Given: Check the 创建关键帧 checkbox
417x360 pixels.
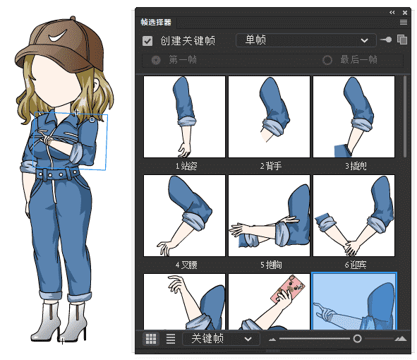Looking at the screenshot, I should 147,41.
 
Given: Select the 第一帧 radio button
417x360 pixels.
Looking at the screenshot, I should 156,60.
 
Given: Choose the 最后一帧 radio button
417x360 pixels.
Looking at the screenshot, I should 327,60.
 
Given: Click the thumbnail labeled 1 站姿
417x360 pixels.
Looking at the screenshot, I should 184,117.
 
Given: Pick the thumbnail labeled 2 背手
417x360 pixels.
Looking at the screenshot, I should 269,117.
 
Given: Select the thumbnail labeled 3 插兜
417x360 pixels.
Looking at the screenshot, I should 353,117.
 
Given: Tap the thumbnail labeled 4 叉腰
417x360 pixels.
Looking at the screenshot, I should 184,216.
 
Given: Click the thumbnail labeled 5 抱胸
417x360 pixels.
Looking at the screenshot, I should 269,216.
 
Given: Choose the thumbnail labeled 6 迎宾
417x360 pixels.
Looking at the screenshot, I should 353,216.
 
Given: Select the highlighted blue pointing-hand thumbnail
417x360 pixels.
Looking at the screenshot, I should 354,301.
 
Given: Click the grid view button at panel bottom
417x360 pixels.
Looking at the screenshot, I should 150,339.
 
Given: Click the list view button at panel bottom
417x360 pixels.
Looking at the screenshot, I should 170,339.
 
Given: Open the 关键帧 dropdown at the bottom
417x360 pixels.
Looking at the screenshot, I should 219,339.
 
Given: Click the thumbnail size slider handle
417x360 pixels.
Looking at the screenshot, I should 357,339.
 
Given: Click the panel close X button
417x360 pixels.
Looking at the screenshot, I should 404,12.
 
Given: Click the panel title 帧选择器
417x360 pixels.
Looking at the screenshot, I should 156,23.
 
